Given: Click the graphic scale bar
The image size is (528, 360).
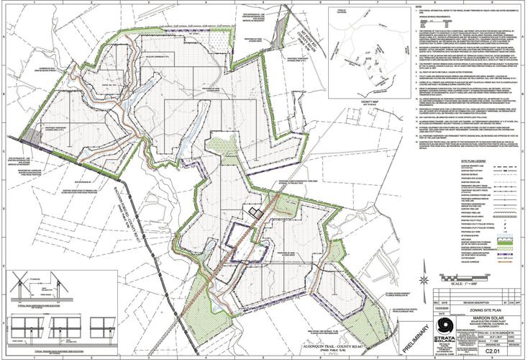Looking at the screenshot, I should (476, 276).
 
